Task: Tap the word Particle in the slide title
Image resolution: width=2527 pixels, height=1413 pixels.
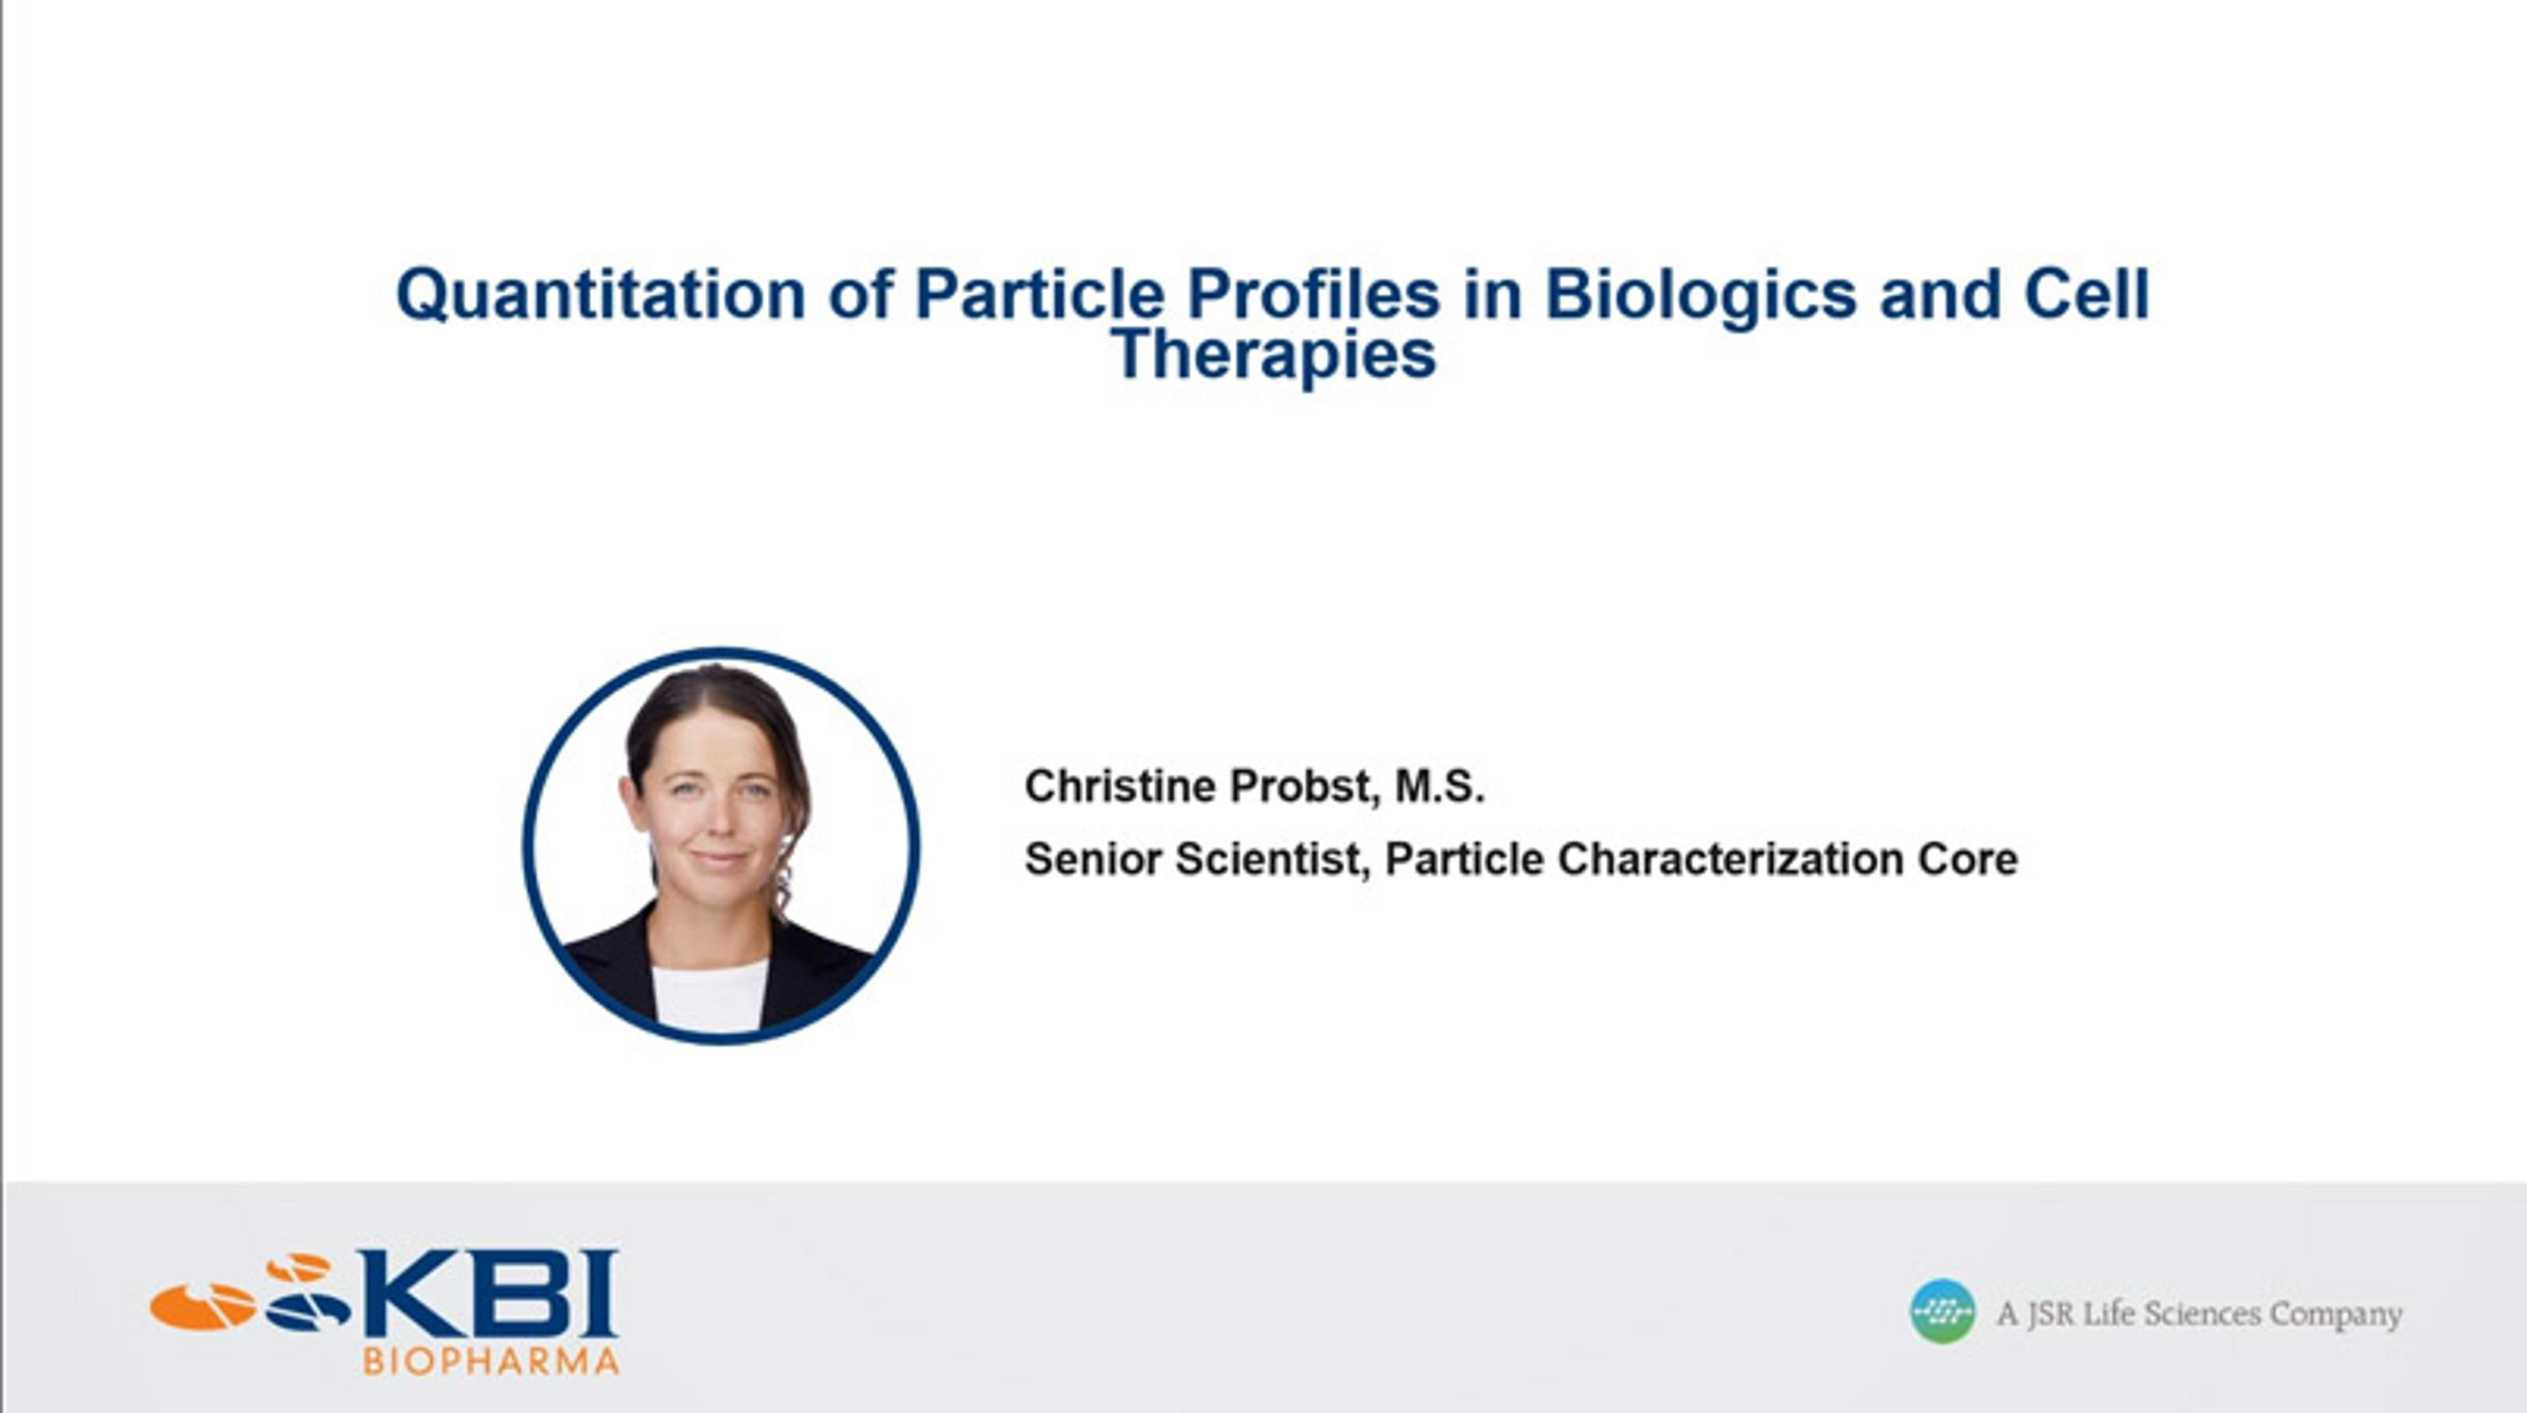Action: (x=1040, y=294)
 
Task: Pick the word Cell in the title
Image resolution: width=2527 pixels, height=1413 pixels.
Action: (x=2087, y=294)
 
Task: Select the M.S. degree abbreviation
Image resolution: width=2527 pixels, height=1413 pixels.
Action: (x=1440, y=786)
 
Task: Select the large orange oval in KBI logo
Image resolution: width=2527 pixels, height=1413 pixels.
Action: (x=203, y=1306)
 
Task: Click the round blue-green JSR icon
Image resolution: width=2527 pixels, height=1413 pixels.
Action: (x=1943, y=1311)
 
